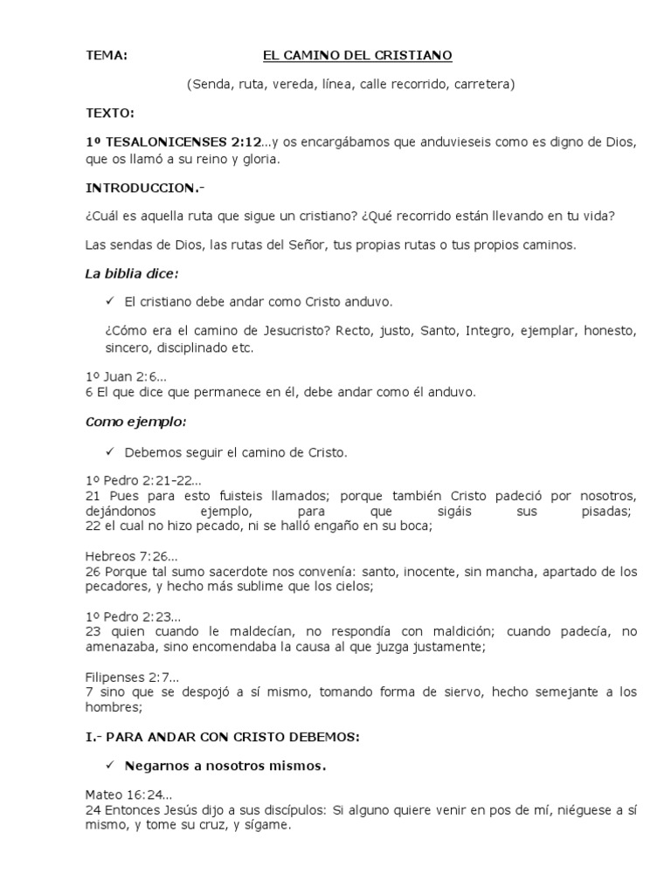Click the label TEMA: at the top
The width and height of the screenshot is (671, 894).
point(106,56)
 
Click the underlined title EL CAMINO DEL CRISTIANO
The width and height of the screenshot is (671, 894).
point(357,56)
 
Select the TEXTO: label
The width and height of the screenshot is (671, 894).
point(109,113)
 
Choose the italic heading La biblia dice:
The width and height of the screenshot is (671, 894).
point(131,273)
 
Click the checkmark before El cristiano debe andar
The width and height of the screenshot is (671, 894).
point(110,302)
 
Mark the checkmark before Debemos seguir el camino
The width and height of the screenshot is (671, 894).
point(110,451)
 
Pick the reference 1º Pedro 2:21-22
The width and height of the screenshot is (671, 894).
point(143,481)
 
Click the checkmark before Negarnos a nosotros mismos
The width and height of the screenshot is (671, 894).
point(110,766)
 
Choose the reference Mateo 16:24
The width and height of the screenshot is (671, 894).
point(128,795)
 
